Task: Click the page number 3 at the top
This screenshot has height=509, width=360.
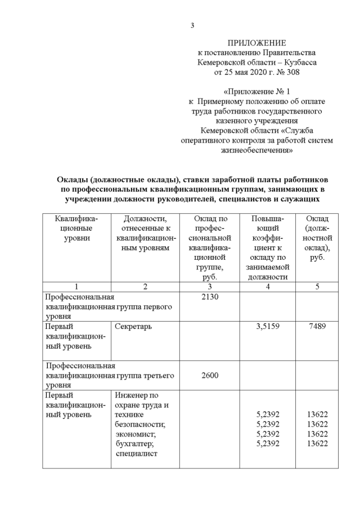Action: (x=192, y=25)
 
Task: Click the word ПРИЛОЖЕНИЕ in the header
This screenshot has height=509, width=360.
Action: (x=256, y=43)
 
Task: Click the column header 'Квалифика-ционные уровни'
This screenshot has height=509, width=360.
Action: (x=76, y=228)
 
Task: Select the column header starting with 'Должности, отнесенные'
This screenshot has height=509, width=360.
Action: (x=145, y=233)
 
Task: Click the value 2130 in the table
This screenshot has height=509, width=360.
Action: (x=209, y=297)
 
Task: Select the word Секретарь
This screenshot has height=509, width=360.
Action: (x=133, y=326)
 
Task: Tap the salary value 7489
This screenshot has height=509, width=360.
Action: (x=318, y=326)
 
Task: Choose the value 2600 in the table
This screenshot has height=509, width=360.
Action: (x=209, y=375)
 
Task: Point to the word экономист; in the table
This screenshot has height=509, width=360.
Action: (x=133, y=434)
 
